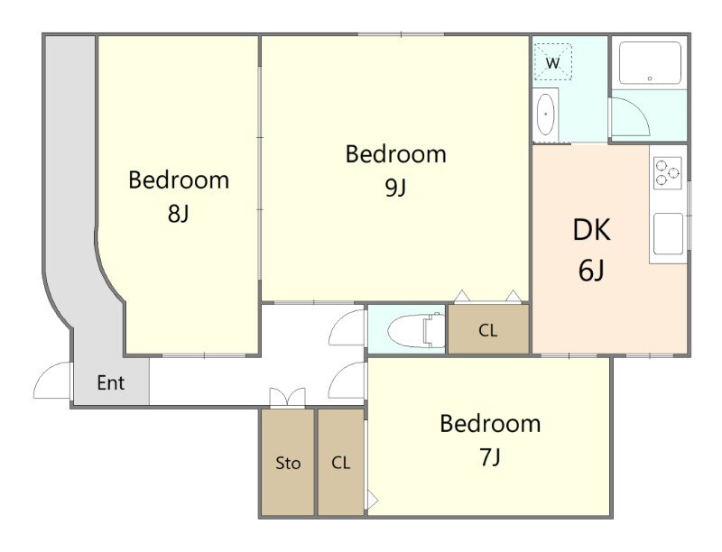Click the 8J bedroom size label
click(x=179, y=214)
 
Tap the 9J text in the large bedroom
click(x=395, y=188)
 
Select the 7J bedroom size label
click(x=490, y=457)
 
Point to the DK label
click(x=592, y=230)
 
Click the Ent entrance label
click(x=111, y=382)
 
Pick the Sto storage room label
click(x=288, y=463)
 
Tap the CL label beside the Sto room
click(x=341, y=463)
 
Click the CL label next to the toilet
click(x=488, y=330)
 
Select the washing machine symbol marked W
click(x=552, y=62)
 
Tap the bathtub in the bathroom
click(x=650, y=63)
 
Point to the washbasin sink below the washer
click(x=546, y=114)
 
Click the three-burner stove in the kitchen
click(x=668, y=172)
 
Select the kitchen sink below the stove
click(x=668, y=234)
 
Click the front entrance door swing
click(x=51, y=381)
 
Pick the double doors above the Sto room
click(x=287, y=398)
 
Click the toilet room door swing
click(x=347, y=327)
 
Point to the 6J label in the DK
click(x=591, y=270)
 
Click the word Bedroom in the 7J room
click(x=490, y=424)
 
